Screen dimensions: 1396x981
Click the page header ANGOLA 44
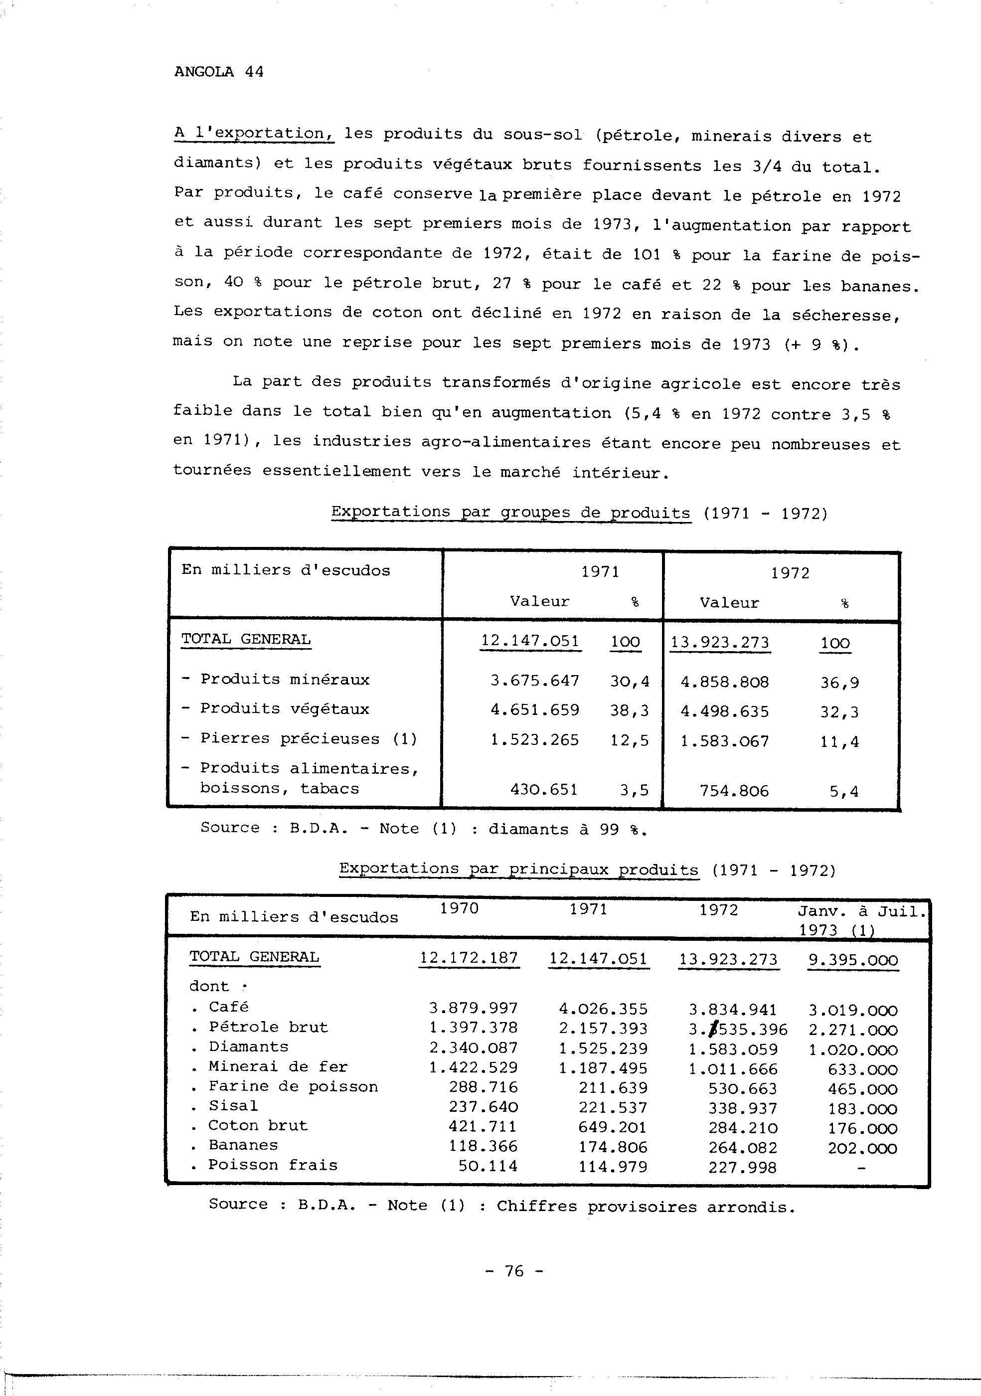[x=219, y=72]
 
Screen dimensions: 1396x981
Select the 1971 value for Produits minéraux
[x=535, y=681]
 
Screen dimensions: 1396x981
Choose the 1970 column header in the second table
[x=460, y=908]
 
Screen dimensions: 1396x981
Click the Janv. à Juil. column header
[x=862, y=911]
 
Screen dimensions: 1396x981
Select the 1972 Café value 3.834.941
[x=733, y=1010]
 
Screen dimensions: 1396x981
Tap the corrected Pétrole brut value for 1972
[x=738, y=1030]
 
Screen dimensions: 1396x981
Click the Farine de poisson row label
[x=293, y=1086]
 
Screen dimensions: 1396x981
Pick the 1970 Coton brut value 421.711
[x=483, y=1126]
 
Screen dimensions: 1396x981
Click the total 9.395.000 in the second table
[x=853, y=960]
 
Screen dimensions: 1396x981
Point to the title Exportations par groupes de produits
[x=510, y=513]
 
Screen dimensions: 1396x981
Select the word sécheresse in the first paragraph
[x=845, y=316]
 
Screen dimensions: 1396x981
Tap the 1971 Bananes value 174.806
[x=613, y=1147]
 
